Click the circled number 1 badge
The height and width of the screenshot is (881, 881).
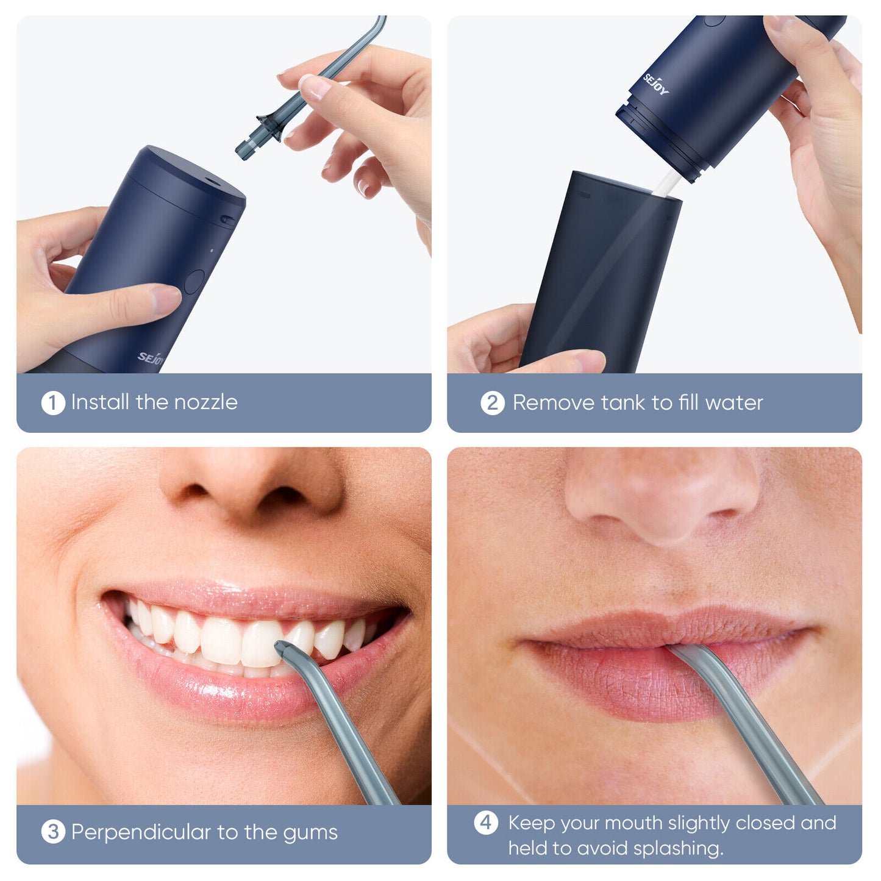(53, 403)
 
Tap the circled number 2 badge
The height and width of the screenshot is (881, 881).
(492, 403)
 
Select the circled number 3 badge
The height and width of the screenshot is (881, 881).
(53, 832)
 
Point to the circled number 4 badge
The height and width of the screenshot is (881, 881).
(486, 822)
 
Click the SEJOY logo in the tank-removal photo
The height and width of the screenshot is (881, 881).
(656, 84)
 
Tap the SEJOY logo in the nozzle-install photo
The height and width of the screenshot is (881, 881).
(151, 358)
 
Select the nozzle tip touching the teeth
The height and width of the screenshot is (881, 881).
(284, 650)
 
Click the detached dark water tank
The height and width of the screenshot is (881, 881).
(601, 274)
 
